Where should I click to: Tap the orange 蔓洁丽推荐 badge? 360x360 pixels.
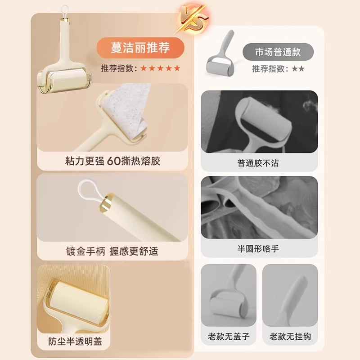pos(140,48)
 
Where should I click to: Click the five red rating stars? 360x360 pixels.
pos(160,68)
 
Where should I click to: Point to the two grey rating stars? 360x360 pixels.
pos(298,69)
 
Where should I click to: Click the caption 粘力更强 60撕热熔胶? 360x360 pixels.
pos(112,161)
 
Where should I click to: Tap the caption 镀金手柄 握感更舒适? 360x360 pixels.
pos(112,251)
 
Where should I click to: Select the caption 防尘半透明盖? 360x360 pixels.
pos(75,341)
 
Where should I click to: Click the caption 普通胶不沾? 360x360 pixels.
pos(258,163)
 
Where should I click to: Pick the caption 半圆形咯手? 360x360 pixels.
pos(258,248)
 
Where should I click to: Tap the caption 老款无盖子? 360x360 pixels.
pos(228,336)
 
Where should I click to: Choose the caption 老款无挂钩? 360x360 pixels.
pos(290,336)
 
